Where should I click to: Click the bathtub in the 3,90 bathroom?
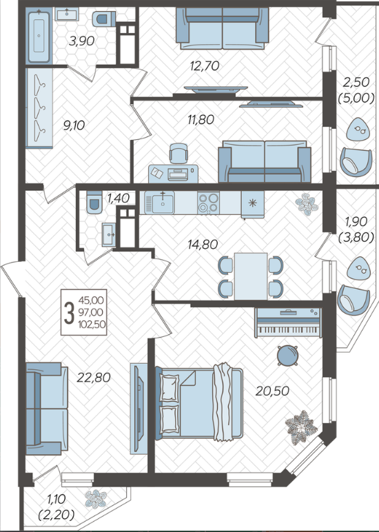[39, 36]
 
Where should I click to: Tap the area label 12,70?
[205, 66]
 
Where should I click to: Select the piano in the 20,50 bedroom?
[288, 323]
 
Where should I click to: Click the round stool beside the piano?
[288, 356]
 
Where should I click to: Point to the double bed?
[199, 402]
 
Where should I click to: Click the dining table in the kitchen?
[251, 276]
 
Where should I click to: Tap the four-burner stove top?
[208, 203]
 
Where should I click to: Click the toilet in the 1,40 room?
[94, 202]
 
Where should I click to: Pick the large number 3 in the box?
[69, 313]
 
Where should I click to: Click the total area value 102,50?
[92, 324]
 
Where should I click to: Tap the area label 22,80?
[94, 377]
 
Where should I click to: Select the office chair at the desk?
[178, 154]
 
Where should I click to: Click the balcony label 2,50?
[356, 82]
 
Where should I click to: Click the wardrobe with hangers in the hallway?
[39, 108]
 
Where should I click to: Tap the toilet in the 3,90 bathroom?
[103, 19]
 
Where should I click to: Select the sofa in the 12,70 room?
[223, 28]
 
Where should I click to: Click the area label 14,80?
[203, 244]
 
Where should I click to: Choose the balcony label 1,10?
[57, 499]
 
